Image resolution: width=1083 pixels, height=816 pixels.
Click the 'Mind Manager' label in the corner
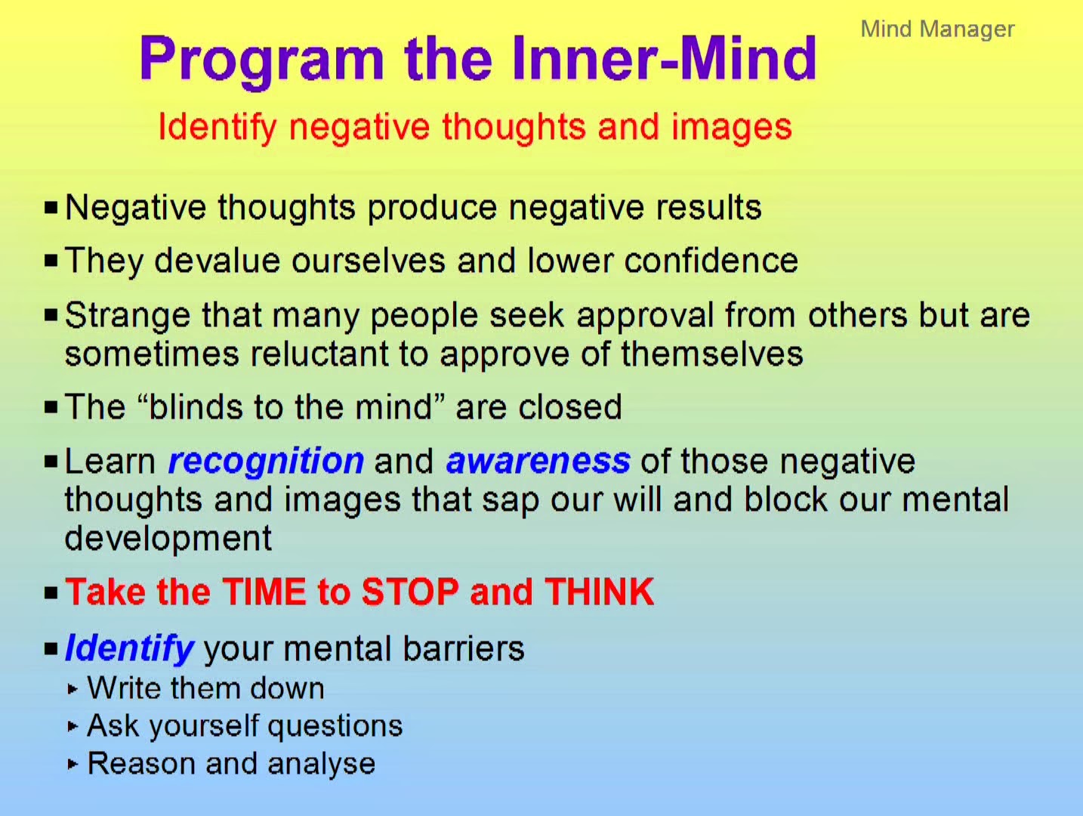click(937, 29)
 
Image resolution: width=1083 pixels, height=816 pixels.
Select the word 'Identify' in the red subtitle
click(217, 128)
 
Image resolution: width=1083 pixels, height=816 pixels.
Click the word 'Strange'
click(128, 316)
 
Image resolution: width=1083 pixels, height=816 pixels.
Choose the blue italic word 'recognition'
click(266, 461)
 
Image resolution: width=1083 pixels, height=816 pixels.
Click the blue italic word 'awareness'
click(538, 461)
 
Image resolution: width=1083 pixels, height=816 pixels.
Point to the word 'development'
click(168, 539)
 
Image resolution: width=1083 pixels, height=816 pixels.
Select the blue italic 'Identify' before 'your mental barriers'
click(129, 649)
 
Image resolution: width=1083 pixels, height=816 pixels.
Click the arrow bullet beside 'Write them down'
click(73, 689)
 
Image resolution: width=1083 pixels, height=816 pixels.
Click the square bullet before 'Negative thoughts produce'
click(51, 207)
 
